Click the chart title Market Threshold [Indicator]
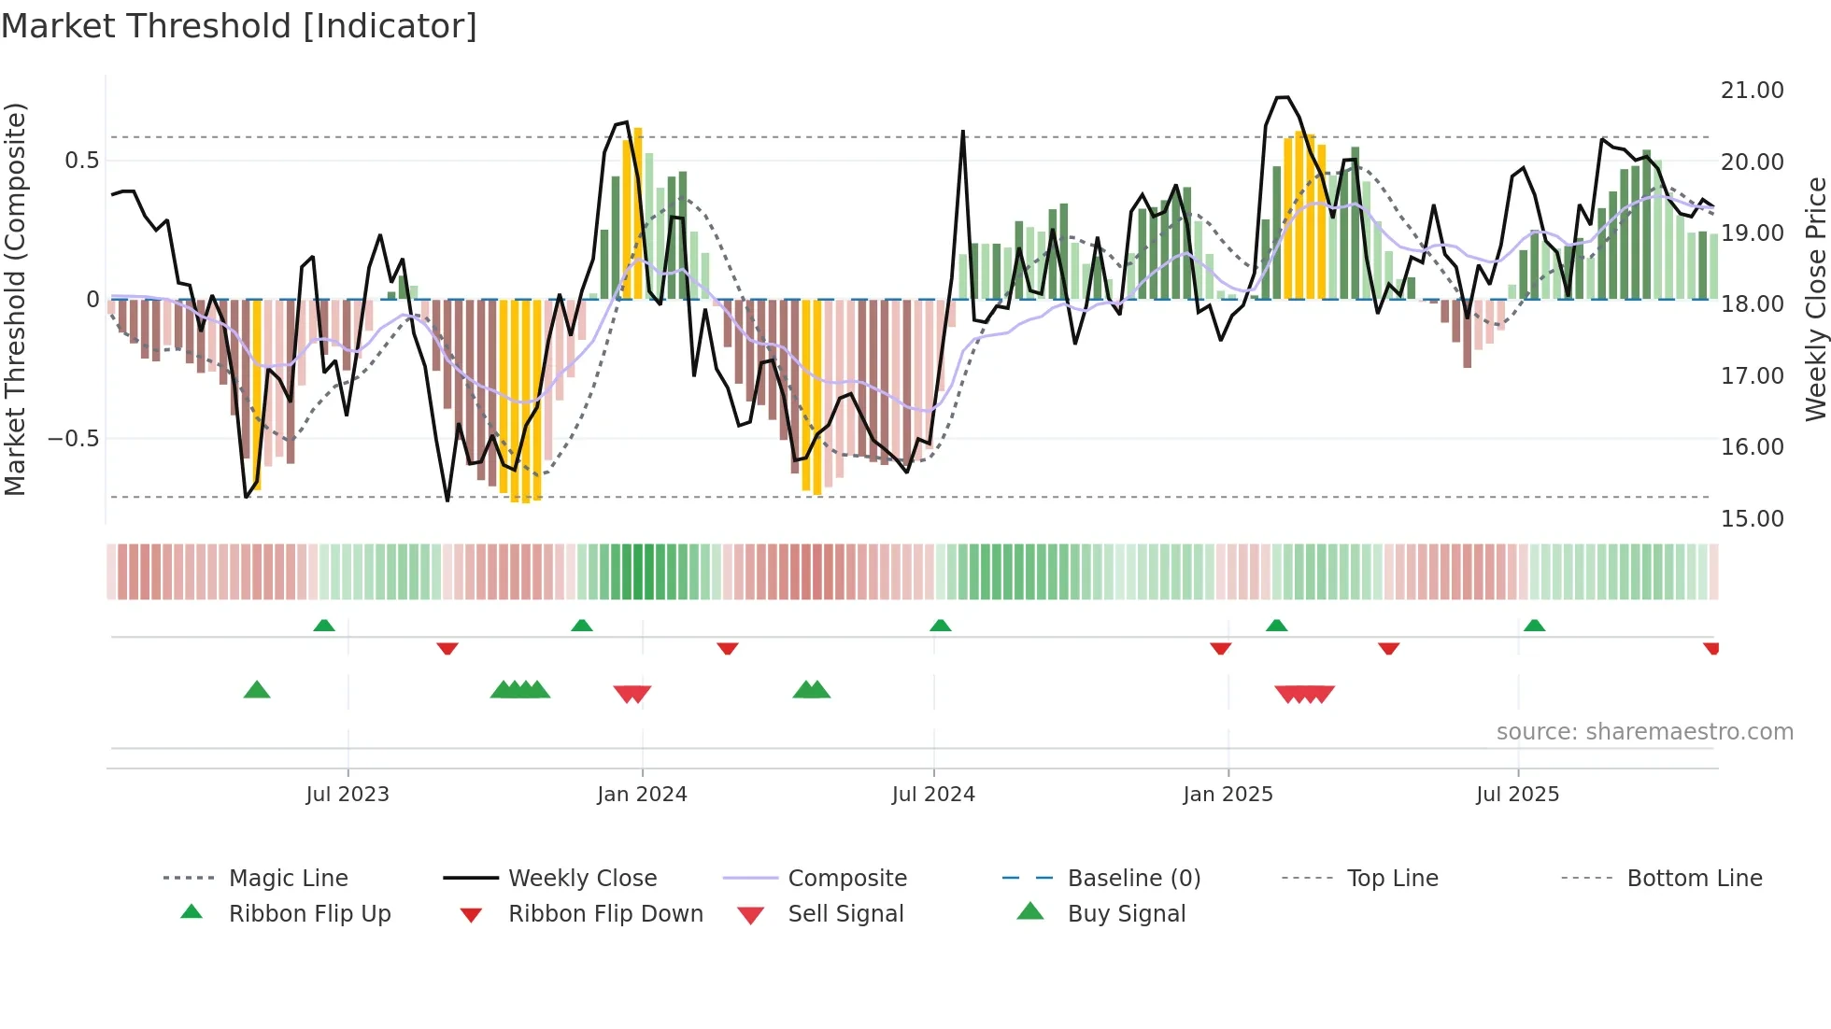click(x=239, y=26)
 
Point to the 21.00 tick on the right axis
click(x=1752, y=91)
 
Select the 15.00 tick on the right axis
click(x=1752, y=518)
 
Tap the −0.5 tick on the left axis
click(x=73, y=439)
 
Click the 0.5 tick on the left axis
click(x=81, y=161)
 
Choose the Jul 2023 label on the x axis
click(x=348, y=795)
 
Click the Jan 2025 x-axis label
click(x=1228, y=795)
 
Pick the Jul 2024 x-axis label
click(x=933, y=795)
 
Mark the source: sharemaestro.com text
click(x=1644, y=732)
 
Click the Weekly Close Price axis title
click(x=1815, y=299)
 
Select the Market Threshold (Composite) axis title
click(x=15, y=299)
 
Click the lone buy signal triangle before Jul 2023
click(x=257, y=690)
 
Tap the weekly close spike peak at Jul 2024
click(x=962, y=133)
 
